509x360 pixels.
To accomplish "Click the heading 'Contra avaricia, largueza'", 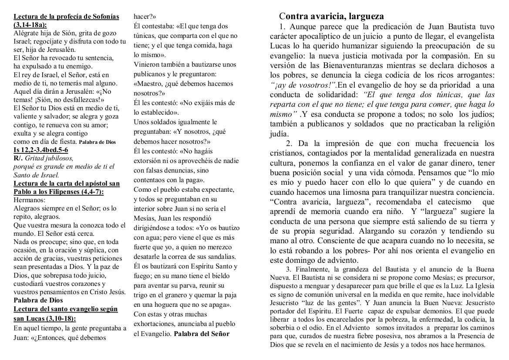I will (x=331, y=17).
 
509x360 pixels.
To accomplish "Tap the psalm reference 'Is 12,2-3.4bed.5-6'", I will (x=41, y=150).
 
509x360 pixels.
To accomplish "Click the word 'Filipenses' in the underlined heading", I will (x=71, y=192).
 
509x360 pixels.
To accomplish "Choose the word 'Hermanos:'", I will (x=30, y=200).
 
